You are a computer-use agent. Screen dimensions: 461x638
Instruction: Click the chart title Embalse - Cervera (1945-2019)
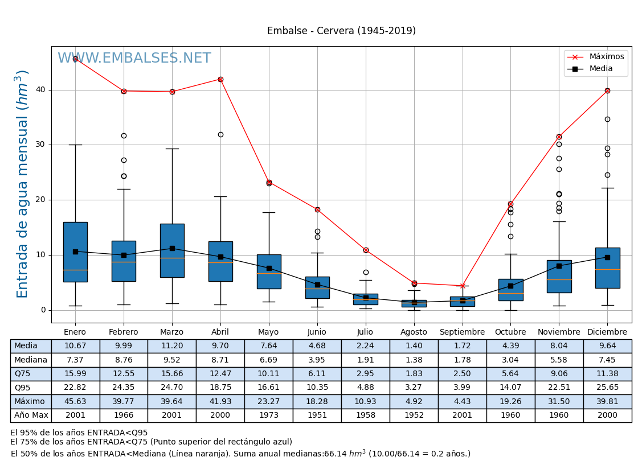pyautogui.click(x=341, y=31)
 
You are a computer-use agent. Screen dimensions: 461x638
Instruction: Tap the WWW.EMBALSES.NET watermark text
pyautogui.click(x=134, y=59)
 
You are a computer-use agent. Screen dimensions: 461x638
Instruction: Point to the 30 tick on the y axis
pyautogui.click(x=41, y=145)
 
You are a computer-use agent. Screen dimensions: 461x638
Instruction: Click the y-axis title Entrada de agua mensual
pyautogui.click(x=22, y=184)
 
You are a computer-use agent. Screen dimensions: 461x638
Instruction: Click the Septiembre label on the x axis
pyautogui.click(x=462, y=332)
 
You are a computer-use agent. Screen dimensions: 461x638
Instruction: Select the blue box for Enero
pyautogui.click(x=75, y=252)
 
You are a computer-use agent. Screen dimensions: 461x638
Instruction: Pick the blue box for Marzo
pyautogui.click(x=172, y=250)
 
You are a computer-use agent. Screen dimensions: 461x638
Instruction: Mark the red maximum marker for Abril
pyautogui.click(x=220, y=79)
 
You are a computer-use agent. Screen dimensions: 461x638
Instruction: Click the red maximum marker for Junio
pyautogui.click(x=317, y=209)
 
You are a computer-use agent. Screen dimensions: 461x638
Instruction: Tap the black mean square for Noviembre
pyautogui.click(x=559, y=266)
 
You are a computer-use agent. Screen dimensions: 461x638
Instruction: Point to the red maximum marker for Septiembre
pyautogui.click(x=463, y=286)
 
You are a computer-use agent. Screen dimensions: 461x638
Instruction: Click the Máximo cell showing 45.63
pyautogui.click(x=75, y=402)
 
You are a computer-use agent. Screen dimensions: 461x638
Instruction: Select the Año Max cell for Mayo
pyautogui.click(x=269, y=415)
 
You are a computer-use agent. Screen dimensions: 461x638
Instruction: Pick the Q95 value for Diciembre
pyautogui.click(x=607, y=388)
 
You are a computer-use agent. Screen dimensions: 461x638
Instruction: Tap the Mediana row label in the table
pyautogui.click(x=31, y=360)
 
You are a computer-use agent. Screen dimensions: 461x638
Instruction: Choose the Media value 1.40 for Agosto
pyautogui.click(x=414, y=346)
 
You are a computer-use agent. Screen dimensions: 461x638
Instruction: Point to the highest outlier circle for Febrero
pyautogui.click(x=124, y=135)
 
